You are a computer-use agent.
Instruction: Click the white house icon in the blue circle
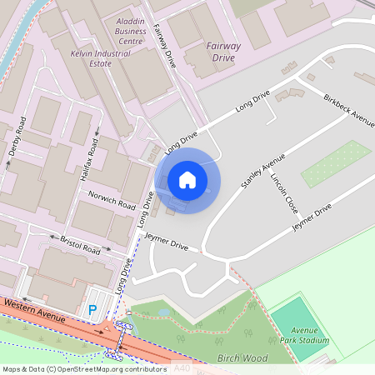coord(187,180)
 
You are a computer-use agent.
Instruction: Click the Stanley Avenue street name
coord(262,170)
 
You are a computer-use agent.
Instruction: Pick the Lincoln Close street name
coord(282,191)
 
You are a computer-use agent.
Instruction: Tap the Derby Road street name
coord(17,137)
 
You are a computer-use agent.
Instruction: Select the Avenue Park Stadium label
coord(305,335)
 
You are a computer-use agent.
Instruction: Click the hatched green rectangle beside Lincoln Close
coord(336,163)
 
